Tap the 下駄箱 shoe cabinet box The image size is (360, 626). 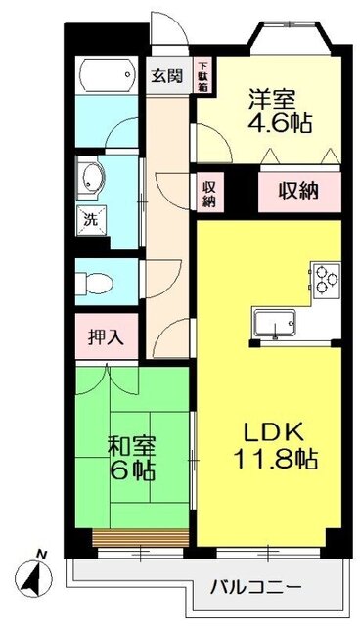203,74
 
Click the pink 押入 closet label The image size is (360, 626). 106,338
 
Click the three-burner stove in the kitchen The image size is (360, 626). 326,277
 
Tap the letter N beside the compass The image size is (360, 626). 41,556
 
